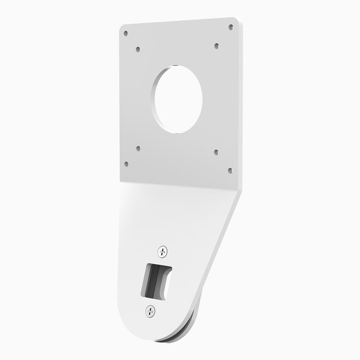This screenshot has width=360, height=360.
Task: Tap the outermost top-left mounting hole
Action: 126,34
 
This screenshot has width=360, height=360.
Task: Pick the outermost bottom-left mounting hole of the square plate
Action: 126,164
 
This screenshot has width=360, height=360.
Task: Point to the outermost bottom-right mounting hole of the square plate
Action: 229,169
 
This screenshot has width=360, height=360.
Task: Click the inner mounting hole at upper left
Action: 138,48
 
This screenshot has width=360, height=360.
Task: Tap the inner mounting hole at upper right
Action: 216,46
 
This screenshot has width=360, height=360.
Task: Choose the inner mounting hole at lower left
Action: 138,149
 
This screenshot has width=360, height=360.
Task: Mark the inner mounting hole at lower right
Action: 216,152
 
